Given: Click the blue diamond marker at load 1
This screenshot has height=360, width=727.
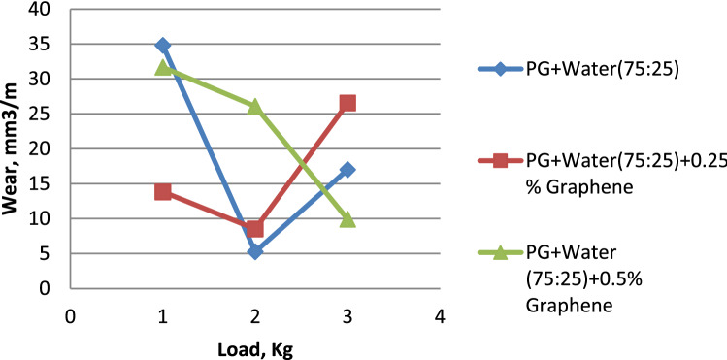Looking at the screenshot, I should click(162, 46).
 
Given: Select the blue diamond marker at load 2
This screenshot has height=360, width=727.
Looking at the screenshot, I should click(254, 251).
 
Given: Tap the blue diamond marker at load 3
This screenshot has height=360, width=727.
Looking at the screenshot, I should click(347, 170).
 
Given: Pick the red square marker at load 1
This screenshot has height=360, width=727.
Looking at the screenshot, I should click(162, 192).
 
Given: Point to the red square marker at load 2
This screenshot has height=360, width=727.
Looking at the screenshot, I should click(254, 229).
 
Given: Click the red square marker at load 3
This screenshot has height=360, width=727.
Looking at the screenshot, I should click(347, 103).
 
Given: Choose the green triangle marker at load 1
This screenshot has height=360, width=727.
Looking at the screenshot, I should click(162, 67).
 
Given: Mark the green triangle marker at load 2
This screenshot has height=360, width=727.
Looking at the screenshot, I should click(254, 106).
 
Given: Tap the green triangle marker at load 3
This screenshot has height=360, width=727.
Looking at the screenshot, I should click(347, 219).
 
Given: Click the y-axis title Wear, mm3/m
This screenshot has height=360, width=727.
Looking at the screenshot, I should click(17, 149).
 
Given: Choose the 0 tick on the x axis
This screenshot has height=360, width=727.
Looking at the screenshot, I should click(70, 316).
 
